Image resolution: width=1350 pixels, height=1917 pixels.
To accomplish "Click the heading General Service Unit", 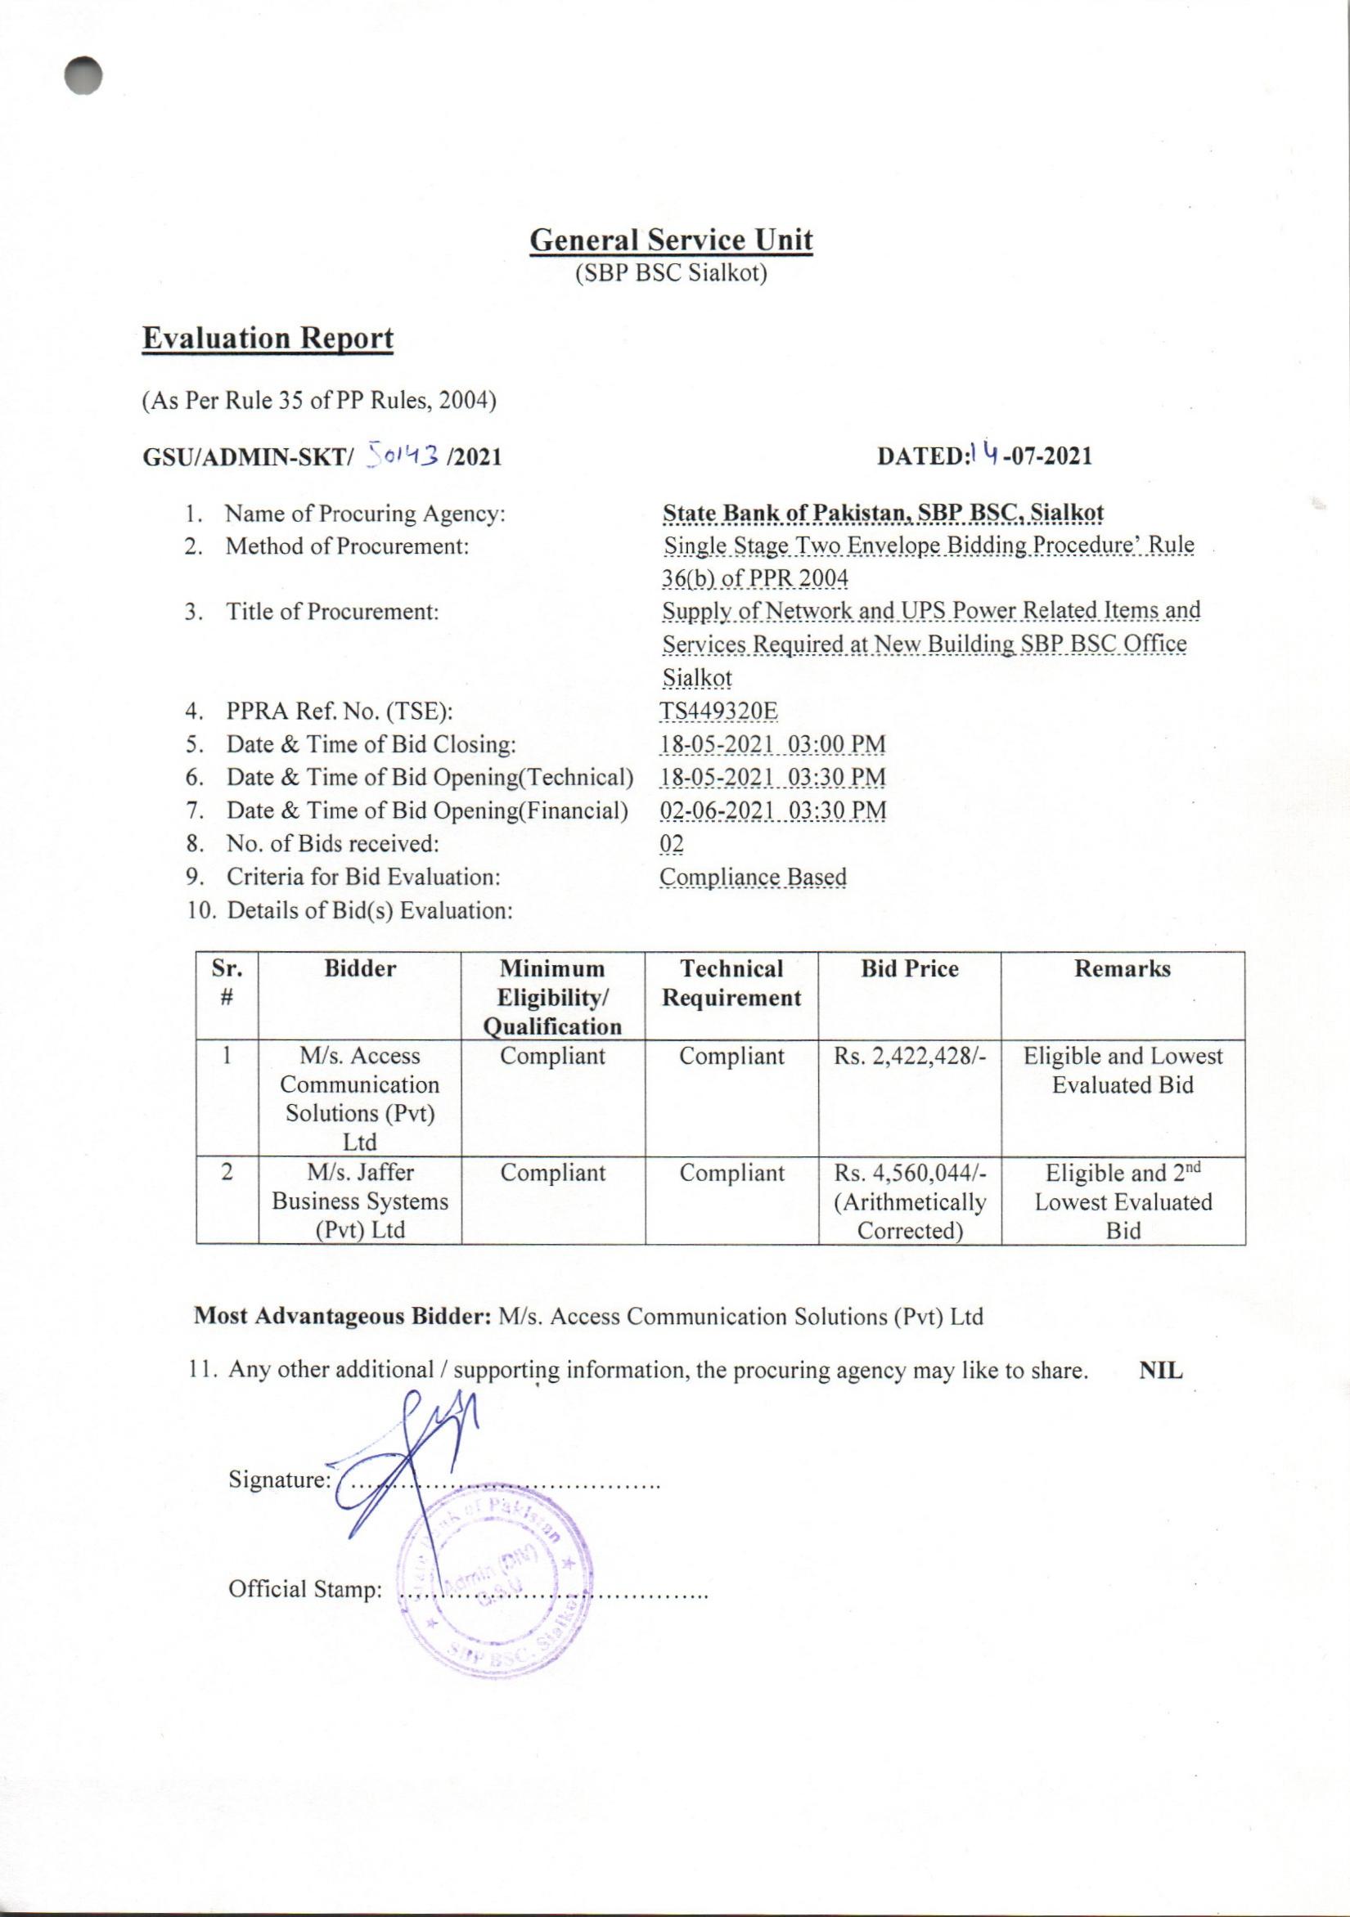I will (x=671, y=240).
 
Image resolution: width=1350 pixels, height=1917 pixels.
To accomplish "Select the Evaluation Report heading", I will (x=268, y=338).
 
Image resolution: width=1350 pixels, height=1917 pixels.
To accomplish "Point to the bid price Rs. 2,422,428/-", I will (x=910, y=1057).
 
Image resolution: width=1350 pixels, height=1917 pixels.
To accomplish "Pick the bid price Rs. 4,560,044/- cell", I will (x=910, y=1201).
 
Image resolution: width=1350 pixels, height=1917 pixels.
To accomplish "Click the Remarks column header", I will (x=1122, y=968).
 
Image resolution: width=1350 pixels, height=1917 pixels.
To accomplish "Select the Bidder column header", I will (x=360, y=968).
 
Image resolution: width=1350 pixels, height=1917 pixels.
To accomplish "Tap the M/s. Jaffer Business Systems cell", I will (x=360, y=1201).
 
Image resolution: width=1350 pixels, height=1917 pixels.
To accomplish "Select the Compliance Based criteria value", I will (x=753, y=877).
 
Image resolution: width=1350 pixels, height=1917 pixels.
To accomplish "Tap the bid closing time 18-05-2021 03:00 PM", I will (x=772, y=744).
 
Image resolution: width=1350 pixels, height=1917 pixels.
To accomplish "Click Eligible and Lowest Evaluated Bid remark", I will (x=1122, y=1071).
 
